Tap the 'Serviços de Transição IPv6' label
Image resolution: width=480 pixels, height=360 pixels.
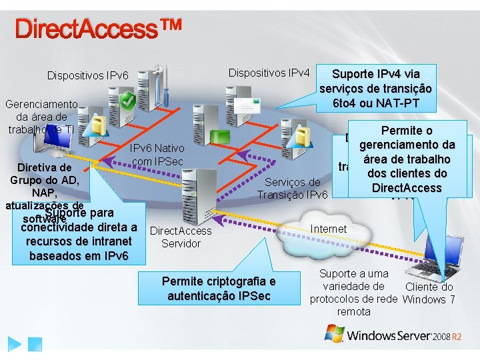293,188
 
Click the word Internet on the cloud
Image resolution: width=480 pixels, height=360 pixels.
329,229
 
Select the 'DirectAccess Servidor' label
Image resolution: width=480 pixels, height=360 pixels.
181,237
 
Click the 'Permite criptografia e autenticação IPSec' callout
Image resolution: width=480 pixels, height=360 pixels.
218,288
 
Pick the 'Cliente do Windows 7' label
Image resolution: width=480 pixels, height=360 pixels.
429,293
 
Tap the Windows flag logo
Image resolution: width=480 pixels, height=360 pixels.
335,333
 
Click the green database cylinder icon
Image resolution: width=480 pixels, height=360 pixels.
219,136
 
